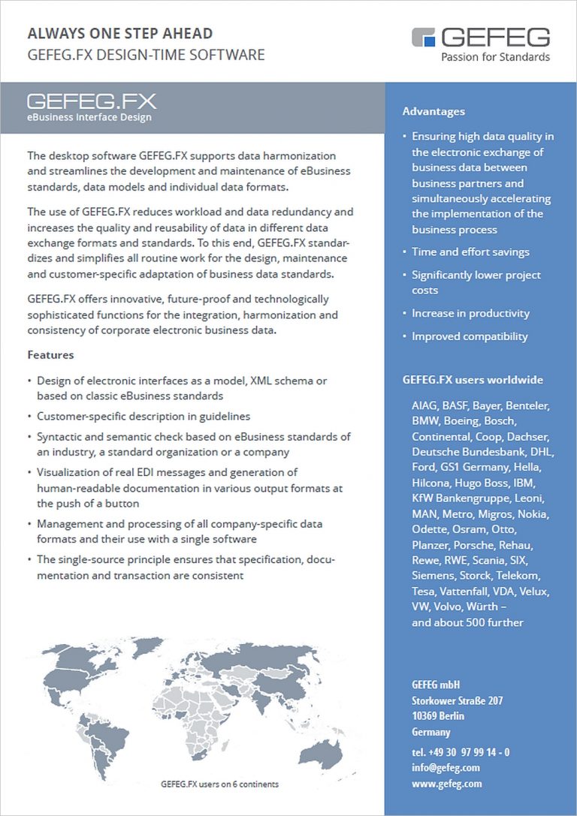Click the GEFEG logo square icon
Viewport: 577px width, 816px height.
point(424,37)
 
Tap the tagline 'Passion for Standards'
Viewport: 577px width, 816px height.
point(495,56)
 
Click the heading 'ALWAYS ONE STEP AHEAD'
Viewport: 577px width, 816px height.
point(120,33)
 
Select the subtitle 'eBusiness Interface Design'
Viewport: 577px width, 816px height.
point(89,117)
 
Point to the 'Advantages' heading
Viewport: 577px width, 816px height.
point(434,111)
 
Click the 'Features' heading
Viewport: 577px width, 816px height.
point(50,354)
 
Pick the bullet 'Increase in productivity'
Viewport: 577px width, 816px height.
point(470,313)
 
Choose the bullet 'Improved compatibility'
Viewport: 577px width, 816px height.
point(470,336)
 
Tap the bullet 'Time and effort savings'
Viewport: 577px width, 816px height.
point(470,252)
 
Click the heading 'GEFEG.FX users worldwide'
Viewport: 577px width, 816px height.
point(473,380)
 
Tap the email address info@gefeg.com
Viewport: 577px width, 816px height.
point(446,768)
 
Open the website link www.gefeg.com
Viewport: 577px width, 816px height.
point(446,784)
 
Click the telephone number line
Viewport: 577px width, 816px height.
point(461,752)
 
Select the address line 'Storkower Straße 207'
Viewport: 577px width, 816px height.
point(457,701)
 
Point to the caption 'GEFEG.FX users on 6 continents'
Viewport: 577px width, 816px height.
point(219,784)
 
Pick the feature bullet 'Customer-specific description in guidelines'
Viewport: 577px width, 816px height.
point(143,416)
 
